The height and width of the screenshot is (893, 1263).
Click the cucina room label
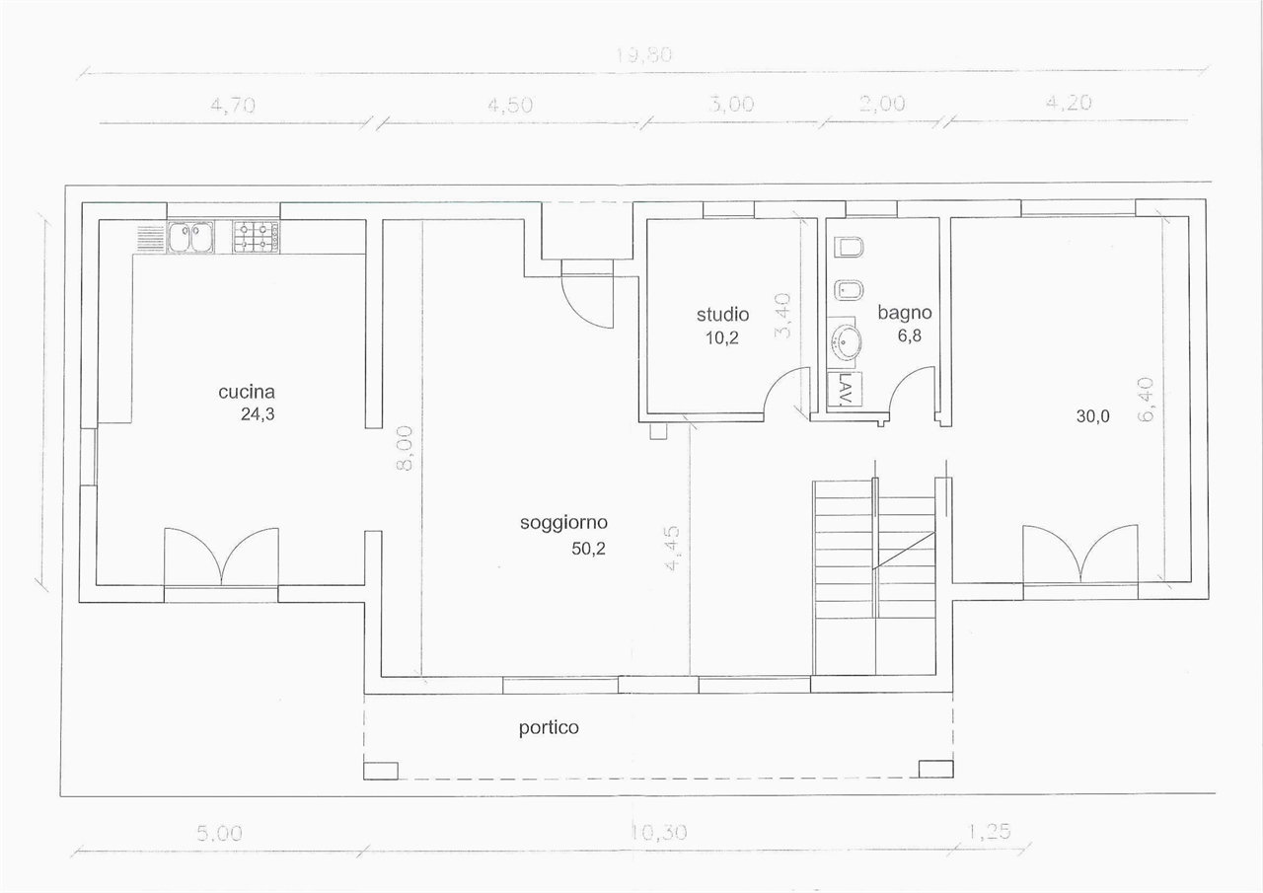click(x=247, y=392)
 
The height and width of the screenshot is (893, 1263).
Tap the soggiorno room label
click(x=563, y=523)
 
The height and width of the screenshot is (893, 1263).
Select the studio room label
click(x=723, y=314)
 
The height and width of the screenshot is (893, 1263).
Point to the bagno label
click(x=905, y=313)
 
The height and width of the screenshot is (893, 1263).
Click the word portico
click(x=549, y=728)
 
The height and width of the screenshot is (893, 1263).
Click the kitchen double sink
click(x=190, y=238)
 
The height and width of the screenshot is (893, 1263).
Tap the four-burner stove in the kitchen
click(x=256, y=237)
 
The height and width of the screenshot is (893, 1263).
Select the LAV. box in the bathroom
click(x=845, y=389)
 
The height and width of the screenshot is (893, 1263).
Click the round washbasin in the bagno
click(x=846, y=341)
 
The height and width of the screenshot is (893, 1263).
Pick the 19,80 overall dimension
click(x=643, y=55)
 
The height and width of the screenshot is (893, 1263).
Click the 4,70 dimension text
click(x=233, y=105)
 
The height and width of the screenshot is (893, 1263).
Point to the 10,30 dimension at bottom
click(x=658, y=833)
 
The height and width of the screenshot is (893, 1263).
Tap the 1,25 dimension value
click(x=989, y=832)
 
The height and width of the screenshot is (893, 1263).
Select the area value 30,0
click(x=1092, y=416)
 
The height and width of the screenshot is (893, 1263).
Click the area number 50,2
click(x=588, y=549)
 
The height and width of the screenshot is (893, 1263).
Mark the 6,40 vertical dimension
click(x=1146, y=400)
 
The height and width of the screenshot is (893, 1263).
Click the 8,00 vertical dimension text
click(x=405, y=448)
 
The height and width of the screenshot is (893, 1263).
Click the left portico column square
click(x=381, y=771)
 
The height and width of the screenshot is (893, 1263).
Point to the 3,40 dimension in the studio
click(x=782, y=316)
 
